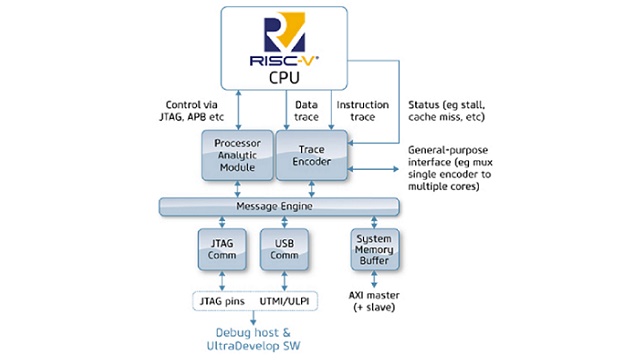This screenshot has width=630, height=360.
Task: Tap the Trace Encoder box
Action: point(312,156)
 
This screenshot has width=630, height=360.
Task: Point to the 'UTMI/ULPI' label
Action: point(283,299)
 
